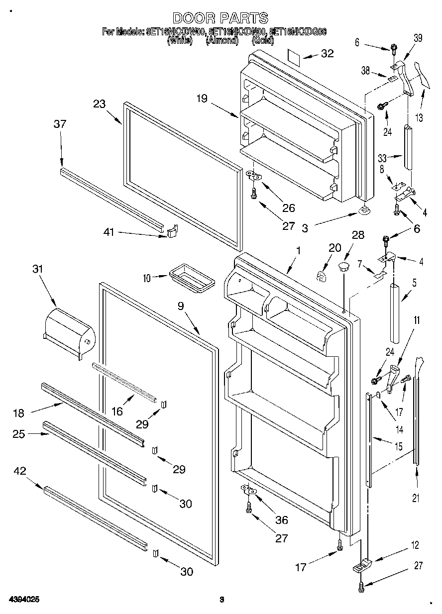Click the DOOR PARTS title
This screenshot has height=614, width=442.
pyautogui.click(x=221, y=18)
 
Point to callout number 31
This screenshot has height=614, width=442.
pyautogui.click(x=37, y=269)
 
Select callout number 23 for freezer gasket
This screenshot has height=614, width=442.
pyautogui.click(x=99, y=104)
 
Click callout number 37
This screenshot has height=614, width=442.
pyautogui.click(x=60, y=124)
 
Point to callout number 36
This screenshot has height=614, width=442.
pyautogui.click(x=281, y=520)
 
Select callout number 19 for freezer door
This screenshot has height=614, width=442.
pyautogui.click(x=201, y=99)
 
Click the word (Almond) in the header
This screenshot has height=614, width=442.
pyautogui.click(x=222, y=41)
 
